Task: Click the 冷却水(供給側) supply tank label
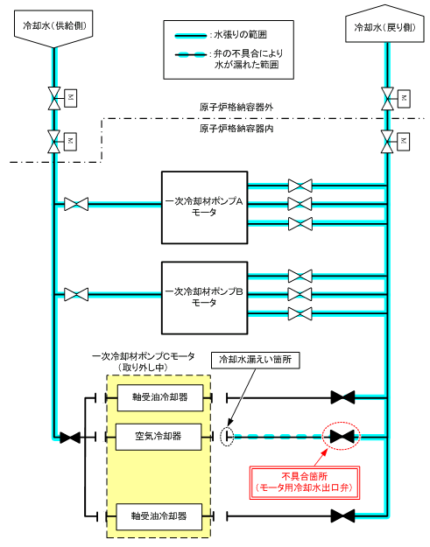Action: coord(53,26)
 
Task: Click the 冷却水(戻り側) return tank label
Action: coord(385,27)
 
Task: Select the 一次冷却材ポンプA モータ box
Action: coord(205,207)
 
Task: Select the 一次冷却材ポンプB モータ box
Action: coord(205,298)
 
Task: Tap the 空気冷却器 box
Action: coord(159,437)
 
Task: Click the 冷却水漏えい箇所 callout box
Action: coord(256,360)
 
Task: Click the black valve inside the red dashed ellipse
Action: coord(342,437)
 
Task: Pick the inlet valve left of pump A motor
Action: coord(76,204)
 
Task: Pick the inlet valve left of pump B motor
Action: coord(76,294)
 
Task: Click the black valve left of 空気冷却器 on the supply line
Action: coord(70,437)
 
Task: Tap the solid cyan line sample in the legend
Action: coord(191,35)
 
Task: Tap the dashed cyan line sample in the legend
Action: coord(191,55)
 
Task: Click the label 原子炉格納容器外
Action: coord(236,108)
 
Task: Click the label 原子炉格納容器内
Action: coord(236,129)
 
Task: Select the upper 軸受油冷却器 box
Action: coord(160,397)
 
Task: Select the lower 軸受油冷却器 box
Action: coord(159,516)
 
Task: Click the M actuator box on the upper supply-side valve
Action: coord(71,98)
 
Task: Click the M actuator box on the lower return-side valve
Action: coord(404,142)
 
